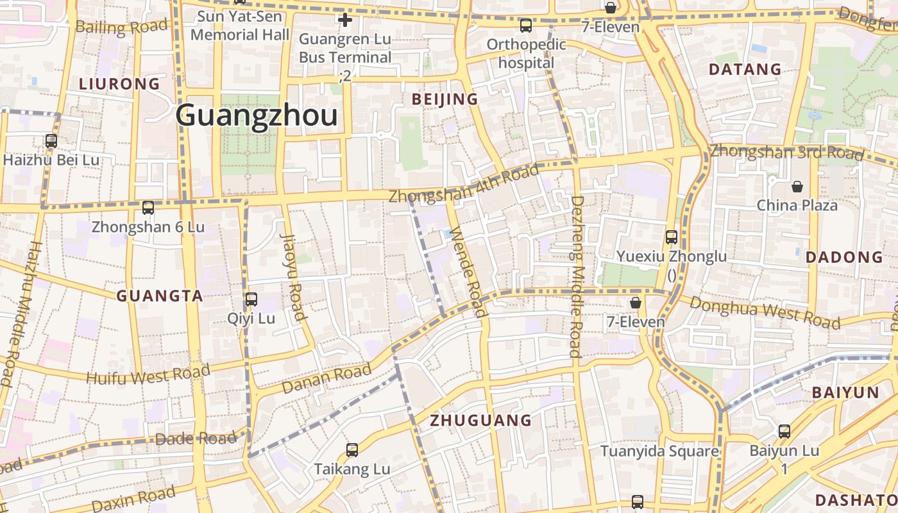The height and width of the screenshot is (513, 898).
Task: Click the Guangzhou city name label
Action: [256, 117]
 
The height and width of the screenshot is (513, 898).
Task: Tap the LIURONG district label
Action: [119, 84]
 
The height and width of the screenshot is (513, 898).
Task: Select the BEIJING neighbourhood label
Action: [445, 99]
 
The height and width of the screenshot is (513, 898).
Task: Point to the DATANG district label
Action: [745, 69]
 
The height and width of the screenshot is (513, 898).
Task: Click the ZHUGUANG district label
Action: [480, 421]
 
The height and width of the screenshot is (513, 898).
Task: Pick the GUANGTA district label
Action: [160, 296]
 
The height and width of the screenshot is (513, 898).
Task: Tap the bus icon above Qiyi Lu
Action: [251, 299]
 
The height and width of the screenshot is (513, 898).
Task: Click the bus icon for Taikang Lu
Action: [352, 450]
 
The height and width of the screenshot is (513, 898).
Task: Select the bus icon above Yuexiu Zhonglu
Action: [672, 237]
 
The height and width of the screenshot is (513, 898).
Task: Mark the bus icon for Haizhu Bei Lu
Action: [51, 141]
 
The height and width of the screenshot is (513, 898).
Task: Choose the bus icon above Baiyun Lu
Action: [784, 432]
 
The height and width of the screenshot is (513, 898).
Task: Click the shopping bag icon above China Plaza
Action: [797, 187]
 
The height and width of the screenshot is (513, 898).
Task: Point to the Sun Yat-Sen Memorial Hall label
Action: [240, 26]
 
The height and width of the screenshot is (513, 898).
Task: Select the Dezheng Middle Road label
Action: [575, 276]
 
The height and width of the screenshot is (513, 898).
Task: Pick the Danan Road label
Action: [326, 378]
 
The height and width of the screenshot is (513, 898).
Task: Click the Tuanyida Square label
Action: [659, 451]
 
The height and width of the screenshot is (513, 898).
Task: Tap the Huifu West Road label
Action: [148, 374]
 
